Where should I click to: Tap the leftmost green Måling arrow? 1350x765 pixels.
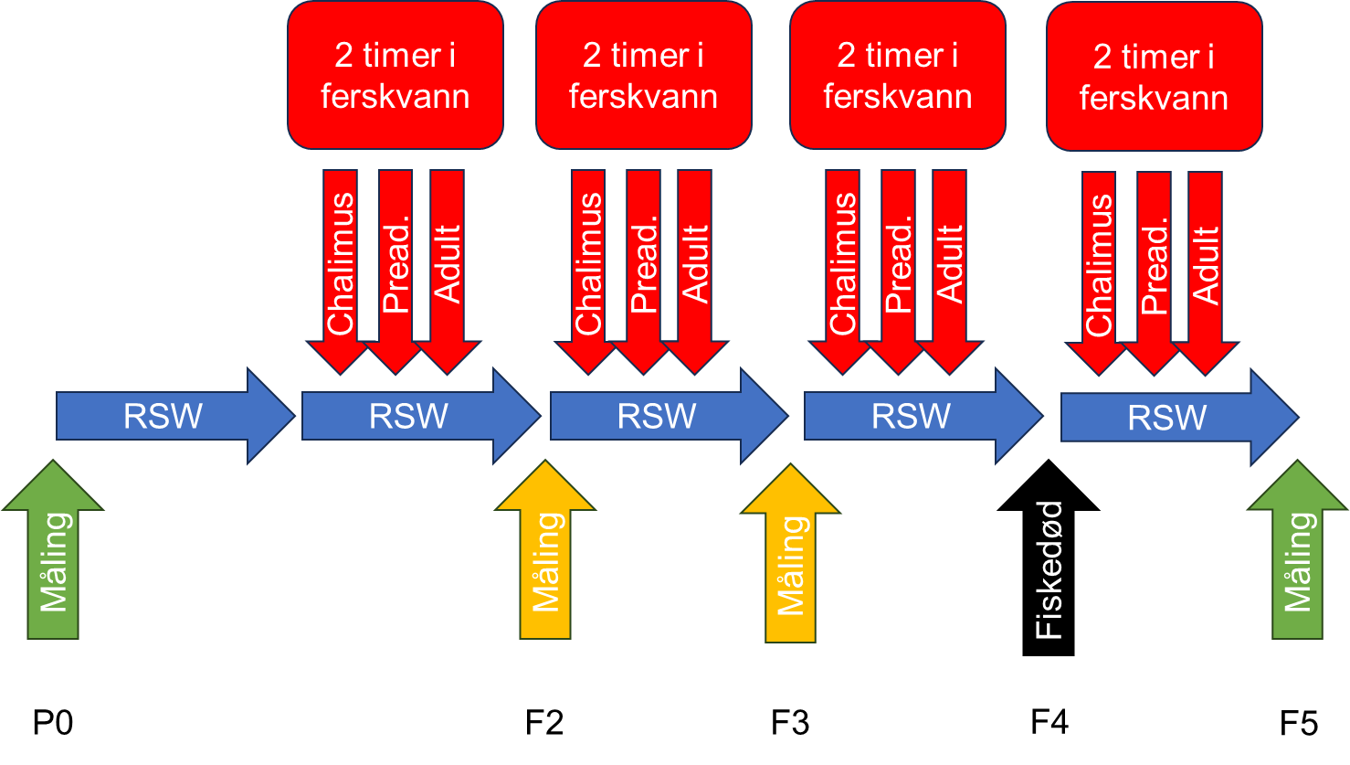point(53,558)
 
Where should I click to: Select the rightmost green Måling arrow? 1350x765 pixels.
point(1297,558)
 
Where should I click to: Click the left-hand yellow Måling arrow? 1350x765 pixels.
point(545,558)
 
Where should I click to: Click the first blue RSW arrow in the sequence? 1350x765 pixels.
point(164,417)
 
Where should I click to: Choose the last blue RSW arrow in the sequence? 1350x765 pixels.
point(1169,418)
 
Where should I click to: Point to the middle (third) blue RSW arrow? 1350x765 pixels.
point(658,417)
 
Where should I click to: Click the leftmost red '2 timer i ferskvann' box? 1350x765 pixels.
point(396,75)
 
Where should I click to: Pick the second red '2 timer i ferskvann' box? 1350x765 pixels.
point(644,75)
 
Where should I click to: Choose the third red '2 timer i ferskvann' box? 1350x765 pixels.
point(898,75)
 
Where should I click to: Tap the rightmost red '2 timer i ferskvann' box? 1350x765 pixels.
point(1155,76)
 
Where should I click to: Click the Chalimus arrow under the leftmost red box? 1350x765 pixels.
point(340,265)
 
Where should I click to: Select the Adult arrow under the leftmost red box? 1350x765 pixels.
point(448,265)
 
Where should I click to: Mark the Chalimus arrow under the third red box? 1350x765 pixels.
point(842,265)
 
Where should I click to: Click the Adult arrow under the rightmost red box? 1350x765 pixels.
point(1206,265)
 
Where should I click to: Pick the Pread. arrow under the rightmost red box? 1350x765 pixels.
point(1154,265)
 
